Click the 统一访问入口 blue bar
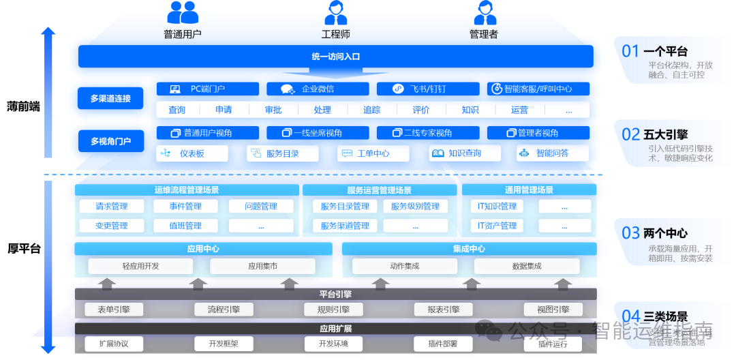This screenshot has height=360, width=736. coord(335,57)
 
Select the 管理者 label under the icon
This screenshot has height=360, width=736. coord(483,34)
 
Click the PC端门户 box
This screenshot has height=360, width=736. coord(208,89)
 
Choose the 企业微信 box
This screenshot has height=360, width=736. coord(318,89)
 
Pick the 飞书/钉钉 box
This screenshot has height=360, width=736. coord(428,89)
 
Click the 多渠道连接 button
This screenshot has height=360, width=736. coord(111,99)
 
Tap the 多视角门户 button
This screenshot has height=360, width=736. coord(111,141)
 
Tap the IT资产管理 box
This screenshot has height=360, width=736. coord(497,226)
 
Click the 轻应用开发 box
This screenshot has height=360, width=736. coord(141,266)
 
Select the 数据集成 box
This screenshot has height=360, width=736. coord(527,266)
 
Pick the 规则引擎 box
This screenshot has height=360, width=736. coord(333,310)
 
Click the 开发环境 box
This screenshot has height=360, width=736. coord(333,344)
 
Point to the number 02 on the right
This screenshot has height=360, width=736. coord(631,134)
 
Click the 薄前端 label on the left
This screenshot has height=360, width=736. coord(24,107)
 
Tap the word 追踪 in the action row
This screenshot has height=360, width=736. coord(372,110)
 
